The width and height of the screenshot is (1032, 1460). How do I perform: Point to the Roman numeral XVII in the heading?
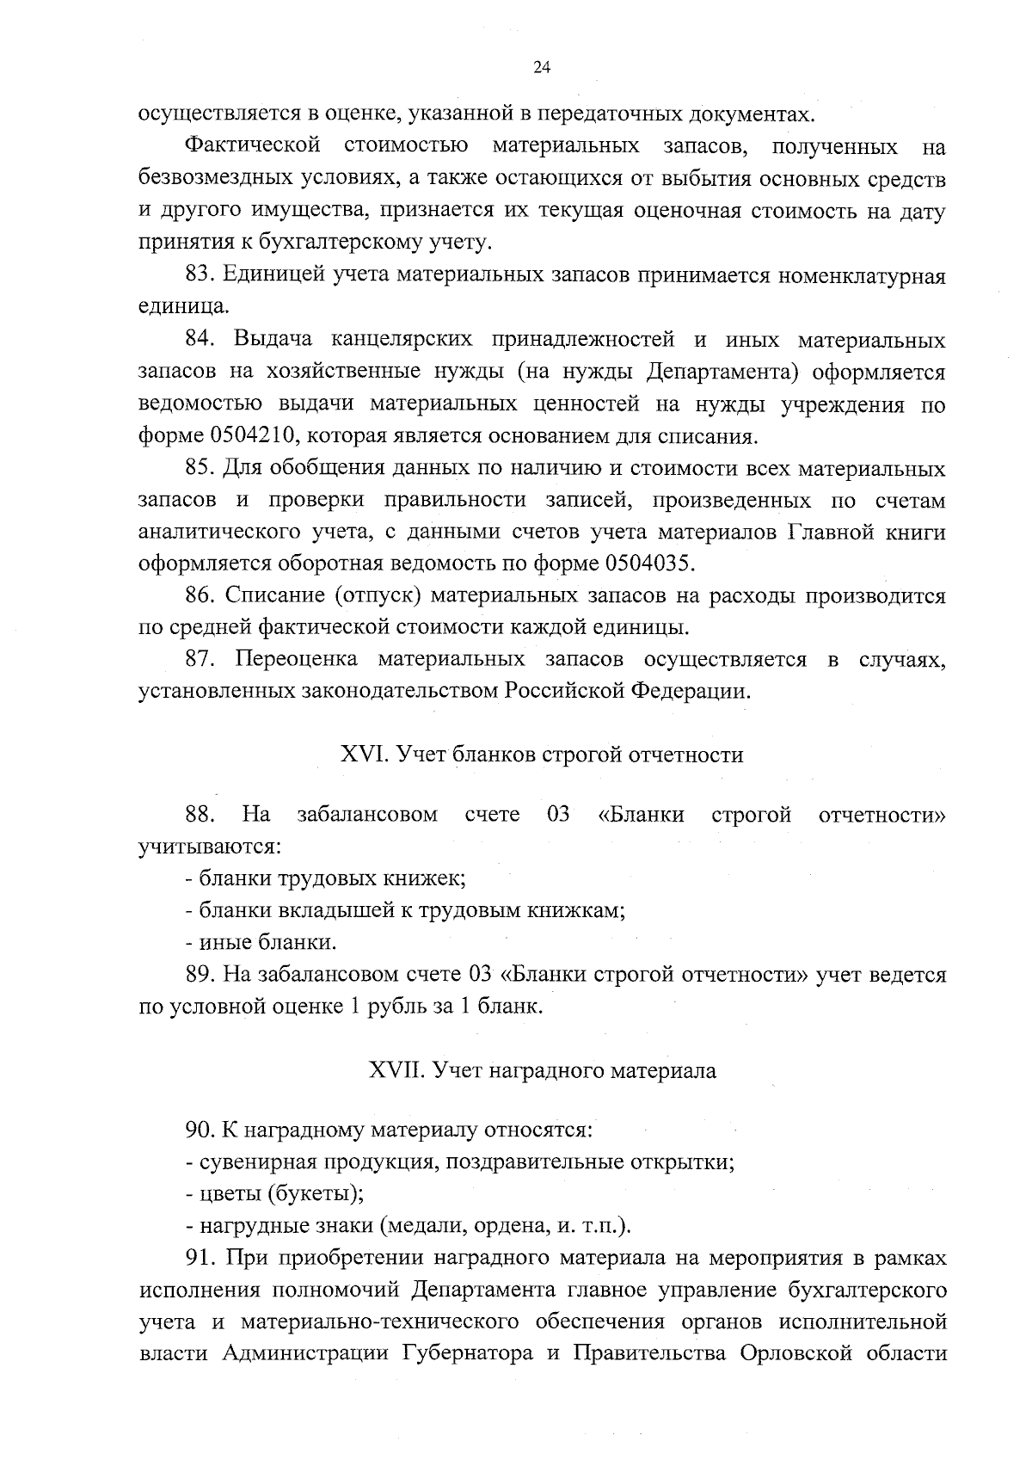396,1072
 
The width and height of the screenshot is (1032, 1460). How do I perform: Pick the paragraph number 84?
200,340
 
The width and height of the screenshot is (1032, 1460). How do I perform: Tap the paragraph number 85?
200,469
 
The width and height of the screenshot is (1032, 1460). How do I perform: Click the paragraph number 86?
200,595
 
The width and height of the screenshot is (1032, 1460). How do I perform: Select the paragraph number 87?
200,660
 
